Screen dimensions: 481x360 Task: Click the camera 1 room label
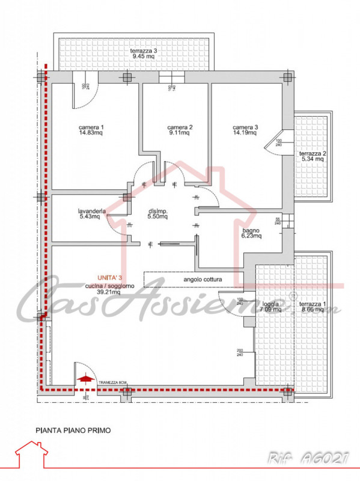(x=91, y=127)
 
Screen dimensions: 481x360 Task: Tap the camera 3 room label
(x=245, y=127)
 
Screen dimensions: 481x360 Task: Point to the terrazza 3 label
(x=144, y=51)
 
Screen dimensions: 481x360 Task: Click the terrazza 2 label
(x=313, y=153)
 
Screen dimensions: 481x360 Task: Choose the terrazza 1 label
(x=313, y=305)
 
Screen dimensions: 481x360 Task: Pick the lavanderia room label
(x=92, y=211)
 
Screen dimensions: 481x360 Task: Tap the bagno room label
(x=251, y=229)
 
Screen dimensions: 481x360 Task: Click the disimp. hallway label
(x=157, y=211)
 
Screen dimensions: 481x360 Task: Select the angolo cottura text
(x=193, y=280)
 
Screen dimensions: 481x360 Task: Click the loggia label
(x=271, y=305)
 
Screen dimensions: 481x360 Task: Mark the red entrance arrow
(x=87, y=378)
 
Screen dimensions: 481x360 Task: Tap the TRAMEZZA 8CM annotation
(x=112, y=382)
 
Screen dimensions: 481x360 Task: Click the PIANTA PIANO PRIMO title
(x=73, y=430)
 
